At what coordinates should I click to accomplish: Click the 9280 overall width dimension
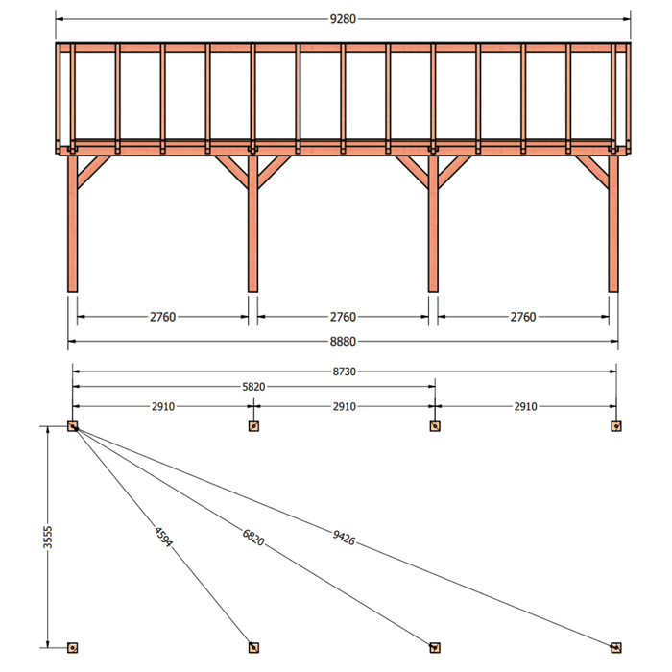[343, 19]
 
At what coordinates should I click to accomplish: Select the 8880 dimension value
[343, 342]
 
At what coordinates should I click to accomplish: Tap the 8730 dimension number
[345, 372]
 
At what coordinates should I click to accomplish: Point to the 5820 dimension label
[253, 387]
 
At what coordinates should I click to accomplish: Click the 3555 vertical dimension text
[48, 537]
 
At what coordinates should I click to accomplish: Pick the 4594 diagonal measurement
[163, 537]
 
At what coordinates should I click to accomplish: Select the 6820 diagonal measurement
[253, 538]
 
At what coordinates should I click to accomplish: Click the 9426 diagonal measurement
[344, 538]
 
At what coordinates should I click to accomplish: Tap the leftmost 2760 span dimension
[163, 317]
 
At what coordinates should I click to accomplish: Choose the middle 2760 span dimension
[343, 317]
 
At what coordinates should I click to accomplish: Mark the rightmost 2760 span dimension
[523, 317]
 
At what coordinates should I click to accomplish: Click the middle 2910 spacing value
[345, 406]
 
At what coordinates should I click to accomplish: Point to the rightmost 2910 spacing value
[526, 406]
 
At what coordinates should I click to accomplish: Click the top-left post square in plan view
[72, 426]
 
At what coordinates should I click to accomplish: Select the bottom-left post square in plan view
[72, 648]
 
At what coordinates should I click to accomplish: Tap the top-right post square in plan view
[616, 426]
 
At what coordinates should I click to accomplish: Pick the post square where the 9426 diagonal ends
[616, 648]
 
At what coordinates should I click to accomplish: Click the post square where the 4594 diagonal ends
[253, 648]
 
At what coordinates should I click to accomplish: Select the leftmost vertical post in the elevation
[72, 224]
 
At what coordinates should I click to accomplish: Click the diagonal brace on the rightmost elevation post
[592, 172]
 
